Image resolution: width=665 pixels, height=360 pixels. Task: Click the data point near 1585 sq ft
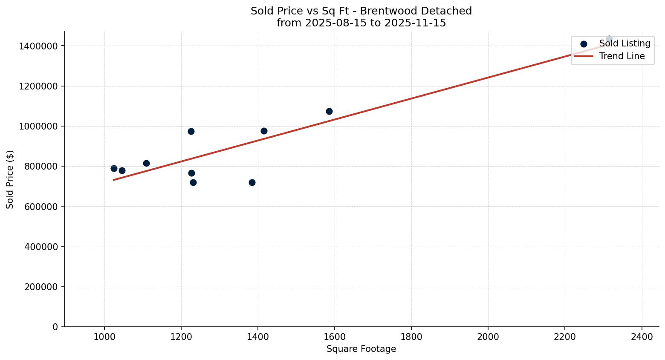tap(329, 111)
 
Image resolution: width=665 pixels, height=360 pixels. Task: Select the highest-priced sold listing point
tap(609, 39)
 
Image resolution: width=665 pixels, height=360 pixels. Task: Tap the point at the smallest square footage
tap(114, 168)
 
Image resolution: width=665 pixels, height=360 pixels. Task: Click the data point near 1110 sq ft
tap(146, 163)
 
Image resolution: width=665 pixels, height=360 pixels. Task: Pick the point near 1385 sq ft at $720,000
tap(252, 182)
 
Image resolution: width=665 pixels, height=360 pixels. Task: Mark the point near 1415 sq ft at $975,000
tap(264, 131)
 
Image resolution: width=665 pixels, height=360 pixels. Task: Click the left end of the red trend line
tap(114, 180)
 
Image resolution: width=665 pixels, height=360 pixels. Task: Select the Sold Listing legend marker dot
tap(584, 43)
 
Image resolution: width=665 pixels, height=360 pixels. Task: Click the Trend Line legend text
tap(622, 56)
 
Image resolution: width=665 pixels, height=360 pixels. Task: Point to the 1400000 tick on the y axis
tap(38, 46)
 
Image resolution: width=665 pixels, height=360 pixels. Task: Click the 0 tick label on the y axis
tap(55, 327)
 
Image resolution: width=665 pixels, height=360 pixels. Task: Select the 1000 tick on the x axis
tap(104, 337)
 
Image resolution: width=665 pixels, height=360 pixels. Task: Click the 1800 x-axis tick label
tap(411, 337)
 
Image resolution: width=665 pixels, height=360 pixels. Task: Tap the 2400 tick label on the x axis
tap(642, 337)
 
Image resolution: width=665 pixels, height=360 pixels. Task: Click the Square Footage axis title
tap(361, 349)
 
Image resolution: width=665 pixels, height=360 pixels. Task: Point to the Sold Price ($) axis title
tap(10, 179)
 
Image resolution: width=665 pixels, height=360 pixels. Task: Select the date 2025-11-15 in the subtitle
tap(415, 23)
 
